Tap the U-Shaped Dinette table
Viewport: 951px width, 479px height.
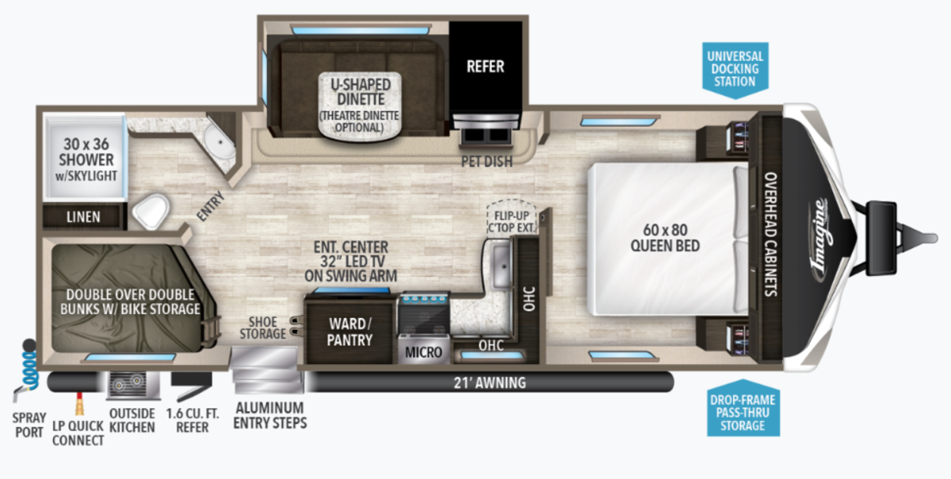pos(360,105)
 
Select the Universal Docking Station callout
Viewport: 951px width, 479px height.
pos(735,70)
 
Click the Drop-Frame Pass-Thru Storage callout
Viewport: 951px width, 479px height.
pos(743,408)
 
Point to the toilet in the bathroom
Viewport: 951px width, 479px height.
pos(151,211)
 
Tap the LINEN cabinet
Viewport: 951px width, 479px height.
pos(83,217)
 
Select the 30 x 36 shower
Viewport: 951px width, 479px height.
pos(86,156)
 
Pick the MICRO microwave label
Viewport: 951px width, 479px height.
pos(423,352)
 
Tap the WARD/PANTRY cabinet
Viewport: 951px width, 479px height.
pos(349,331)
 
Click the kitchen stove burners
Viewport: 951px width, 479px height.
pos(423,314)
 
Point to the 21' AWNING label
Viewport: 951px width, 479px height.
pos(490,383)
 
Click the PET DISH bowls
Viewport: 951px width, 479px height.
pos(487,136)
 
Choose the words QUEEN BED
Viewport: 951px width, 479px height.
pos(665,246)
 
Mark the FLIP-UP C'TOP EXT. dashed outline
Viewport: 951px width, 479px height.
pos(512,217)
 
